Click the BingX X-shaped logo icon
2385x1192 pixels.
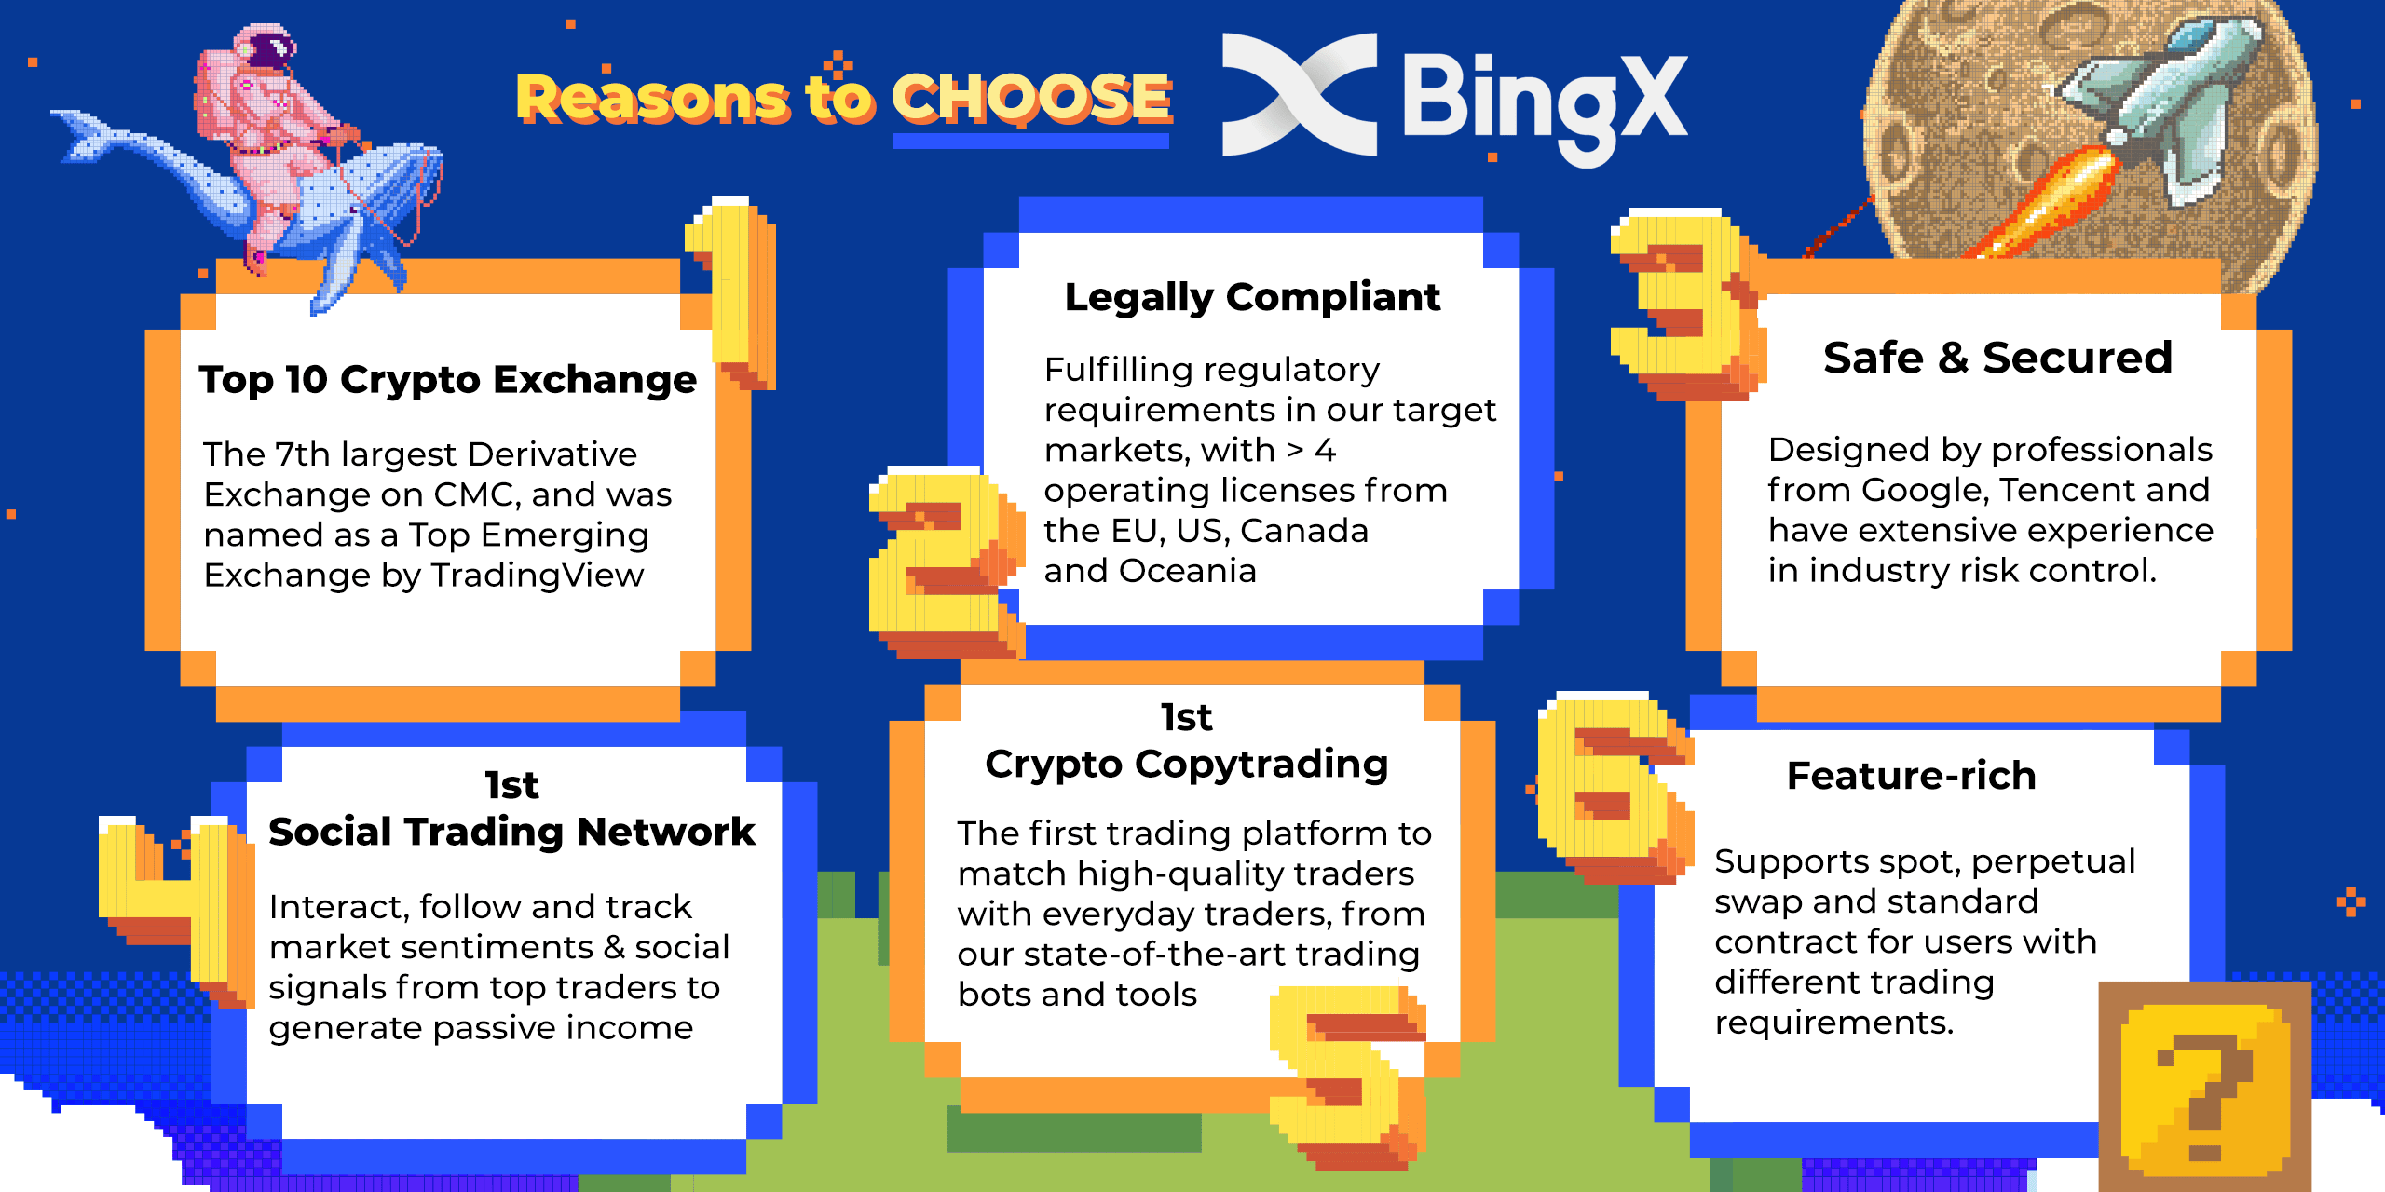pos(1299,95)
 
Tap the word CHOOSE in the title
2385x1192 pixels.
pos(1031,99)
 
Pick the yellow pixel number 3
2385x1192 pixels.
pos(1686,303)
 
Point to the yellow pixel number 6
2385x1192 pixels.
pos(1612,787)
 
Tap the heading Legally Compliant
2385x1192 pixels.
pos(1252,297)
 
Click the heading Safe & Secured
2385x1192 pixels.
pos(1997,358)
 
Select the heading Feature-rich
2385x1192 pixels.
pos(1911,776)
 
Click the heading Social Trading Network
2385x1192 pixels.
pos(511,832)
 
